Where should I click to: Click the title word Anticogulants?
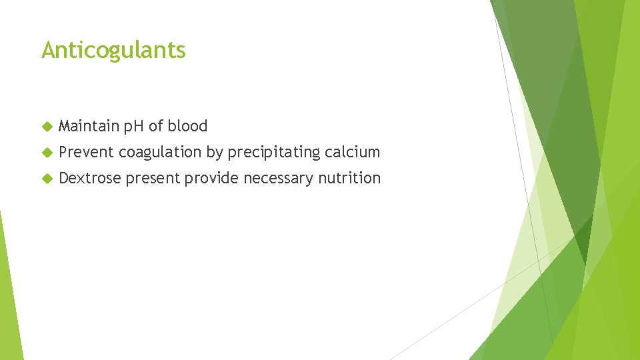(x=113, y=50)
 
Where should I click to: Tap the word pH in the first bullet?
(x=131, y=126)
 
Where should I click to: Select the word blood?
(x=187, y=126)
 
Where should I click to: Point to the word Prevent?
(x=86, y=152)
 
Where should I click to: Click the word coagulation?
(x=160, y=153)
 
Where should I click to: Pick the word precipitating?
(x=274, y=153)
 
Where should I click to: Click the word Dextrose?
(x=90, y=178)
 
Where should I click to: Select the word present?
(x=153, y=179)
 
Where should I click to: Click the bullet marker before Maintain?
(x=46, y=126)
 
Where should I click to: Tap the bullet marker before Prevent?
(x=46, y=152)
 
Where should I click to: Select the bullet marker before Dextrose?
(x=46, y=178)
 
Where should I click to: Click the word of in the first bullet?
(x=156, y=126)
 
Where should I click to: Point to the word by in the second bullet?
(x=214, y=153)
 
